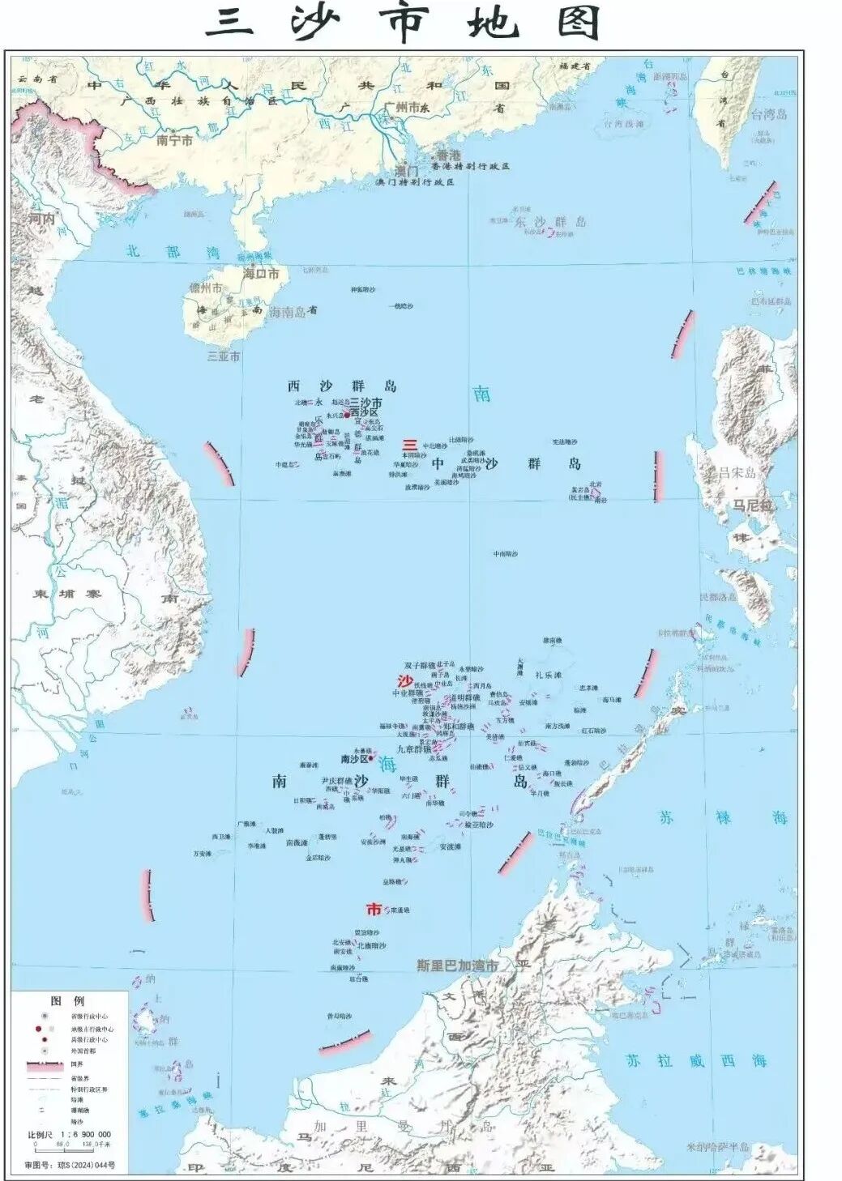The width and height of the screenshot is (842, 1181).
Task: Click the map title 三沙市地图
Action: tap(403, 24)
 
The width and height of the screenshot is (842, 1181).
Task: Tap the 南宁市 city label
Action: tap(174, 140)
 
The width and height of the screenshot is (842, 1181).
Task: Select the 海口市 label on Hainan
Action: tap(261, 274)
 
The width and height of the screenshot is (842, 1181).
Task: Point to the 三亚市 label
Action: tap(224, 356)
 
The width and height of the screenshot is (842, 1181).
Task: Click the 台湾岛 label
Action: tap(768, 114)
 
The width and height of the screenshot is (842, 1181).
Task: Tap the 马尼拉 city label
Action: tap(753, 505)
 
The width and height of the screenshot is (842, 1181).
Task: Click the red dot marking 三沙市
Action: tap(348, 414)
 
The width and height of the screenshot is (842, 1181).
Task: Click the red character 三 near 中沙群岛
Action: tap(410, 445)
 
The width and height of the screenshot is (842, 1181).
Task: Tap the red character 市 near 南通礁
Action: tap(374, 909)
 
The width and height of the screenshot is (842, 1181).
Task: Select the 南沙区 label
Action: tap(355, 759)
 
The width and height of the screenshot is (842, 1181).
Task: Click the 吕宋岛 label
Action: tap(737, 473)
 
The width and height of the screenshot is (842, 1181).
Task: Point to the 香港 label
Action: tap(448, 155)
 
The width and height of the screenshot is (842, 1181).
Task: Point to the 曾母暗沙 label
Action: tap(339, 1016)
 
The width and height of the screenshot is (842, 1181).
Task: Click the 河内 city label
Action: tap(41, 219)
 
